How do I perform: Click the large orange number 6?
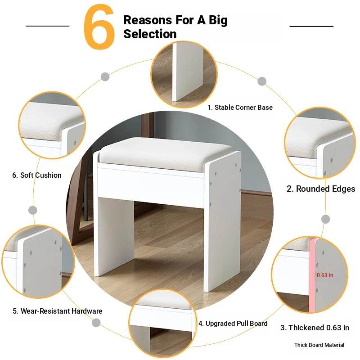click(x=99, y=27)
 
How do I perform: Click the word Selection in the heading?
click(x=150, y=34)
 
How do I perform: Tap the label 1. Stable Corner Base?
click(x=240, y=108)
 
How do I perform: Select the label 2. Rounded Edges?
click(x=321, y=189)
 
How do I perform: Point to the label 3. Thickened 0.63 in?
click(x=315, y=328)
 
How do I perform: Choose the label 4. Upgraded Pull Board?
click(x=233, y=324)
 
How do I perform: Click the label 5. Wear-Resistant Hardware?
click(x=58, y=311)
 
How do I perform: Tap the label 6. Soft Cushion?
click(x=37, y=175)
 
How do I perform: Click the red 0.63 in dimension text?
click(x=325, y=275)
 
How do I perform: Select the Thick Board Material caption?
click(x=319, y=345)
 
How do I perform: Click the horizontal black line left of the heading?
click(x=48, y=26)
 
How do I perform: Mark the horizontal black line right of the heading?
click(x=311, y=26)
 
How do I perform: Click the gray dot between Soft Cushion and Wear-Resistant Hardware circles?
click(x=32, y=210)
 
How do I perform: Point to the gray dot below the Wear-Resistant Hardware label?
click(x=96, y=323)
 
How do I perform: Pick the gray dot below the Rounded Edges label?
click(x=325, y=219)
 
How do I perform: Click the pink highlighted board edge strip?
click(x=312, y=275)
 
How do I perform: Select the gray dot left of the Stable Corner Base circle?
click(x=105, y=76)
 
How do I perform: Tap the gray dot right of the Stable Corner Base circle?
click(x=262, y=81)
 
